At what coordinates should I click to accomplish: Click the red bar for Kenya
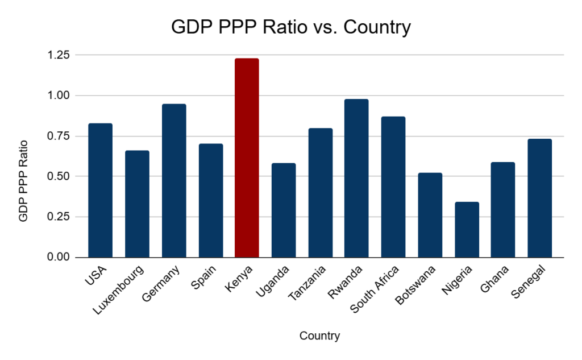coord(247,158)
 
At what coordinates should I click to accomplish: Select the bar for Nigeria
coord(467,229)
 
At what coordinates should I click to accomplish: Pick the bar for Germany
coord(174,180)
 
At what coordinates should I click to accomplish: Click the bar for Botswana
coord(430,214)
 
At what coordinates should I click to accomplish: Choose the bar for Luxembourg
coord(137,204)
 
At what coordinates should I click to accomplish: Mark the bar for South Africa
coord(393,187)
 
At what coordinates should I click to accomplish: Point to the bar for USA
coord(100,190)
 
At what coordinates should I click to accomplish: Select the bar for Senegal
coord(539,198)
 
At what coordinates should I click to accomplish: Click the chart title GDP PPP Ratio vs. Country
coord(290,27)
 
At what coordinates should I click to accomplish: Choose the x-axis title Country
coord(319,336)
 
